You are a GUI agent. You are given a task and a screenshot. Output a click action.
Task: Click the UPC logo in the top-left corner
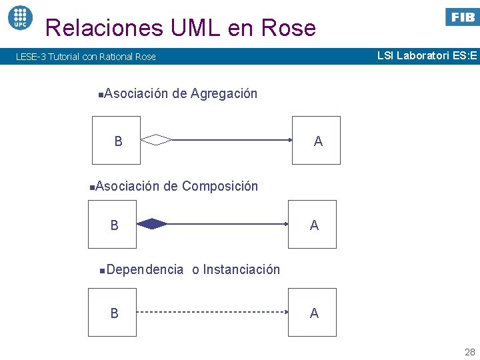(x=20, y=17)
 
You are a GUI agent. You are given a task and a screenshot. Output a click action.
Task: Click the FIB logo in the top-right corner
(x=462, y=17)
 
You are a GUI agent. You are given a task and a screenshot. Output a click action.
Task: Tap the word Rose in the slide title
(x=289, y=28)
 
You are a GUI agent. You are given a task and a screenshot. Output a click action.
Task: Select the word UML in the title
(x=198, y=28)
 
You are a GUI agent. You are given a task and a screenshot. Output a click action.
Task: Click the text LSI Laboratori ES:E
(x=427, y=56)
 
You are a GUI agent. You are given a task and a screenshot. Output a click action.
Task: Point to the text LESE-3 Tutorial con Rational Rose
(x=86, y=57)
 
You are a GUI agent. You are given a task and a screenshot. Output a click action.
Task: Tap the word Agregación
(x=223, y=93)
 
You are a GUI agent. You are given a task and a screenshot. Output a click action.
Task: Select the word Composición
(x=219, y=186)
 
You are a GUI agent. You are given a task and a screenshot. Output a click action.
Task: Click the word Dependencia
(x=144, y=269)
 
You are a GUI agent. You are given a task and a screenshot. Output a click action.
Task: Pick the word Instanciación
(x=241, y=269)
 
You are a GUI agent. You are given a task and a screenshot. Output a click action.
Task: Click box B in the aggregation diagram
(x=117, y=140)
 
